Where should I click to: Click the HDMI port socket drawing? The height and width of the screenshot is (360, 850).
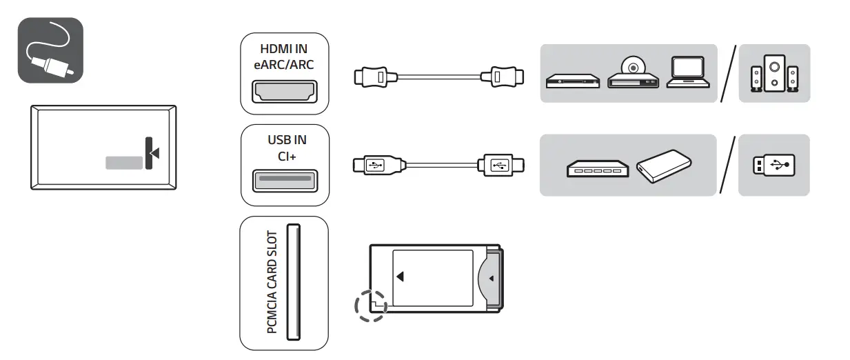pos(284,92)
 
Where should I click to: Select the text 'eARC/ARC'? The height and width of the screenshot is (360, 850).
pos(284,64)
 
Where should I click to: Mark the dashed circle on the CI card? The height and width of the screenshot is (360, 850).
pos(371,303)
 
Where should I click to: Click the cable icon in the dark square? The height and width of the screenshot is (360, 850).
pos(50,50)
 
